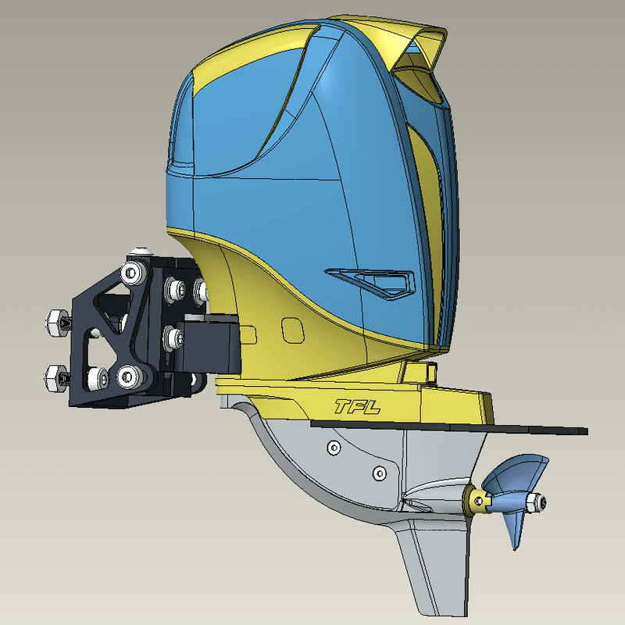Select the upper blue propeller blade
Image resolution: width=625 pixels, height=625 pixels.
[x=519, y=473]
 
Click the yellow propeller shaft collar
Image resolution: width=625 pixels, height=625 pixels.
[x=474, y=498]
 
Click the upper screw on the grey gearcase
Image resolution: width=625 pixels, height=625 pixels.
[x=334, y=447]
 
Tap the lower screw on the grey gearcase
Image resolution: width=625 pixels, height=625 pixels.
[x=380, y=473]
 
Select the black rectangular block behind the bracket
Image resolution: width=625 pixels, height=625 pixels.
[x=212, y=344]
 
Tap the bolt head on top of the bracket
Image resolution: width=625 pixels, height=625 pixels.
[x=141, y=251]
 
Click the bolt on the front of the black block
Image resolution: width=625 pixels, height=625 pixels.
[x=173, y=338]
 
